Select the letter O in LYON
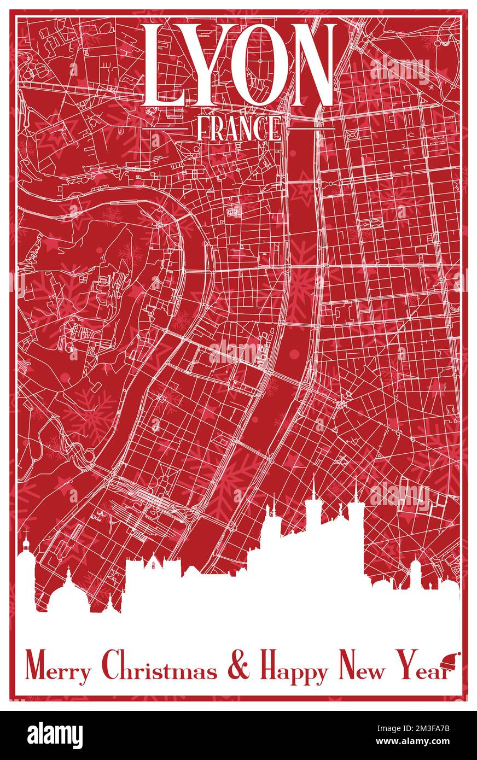[x=259, y=65]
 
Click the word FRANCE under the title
[x=238, y=129]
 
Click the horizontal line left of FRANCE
[x=174, y=129]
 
